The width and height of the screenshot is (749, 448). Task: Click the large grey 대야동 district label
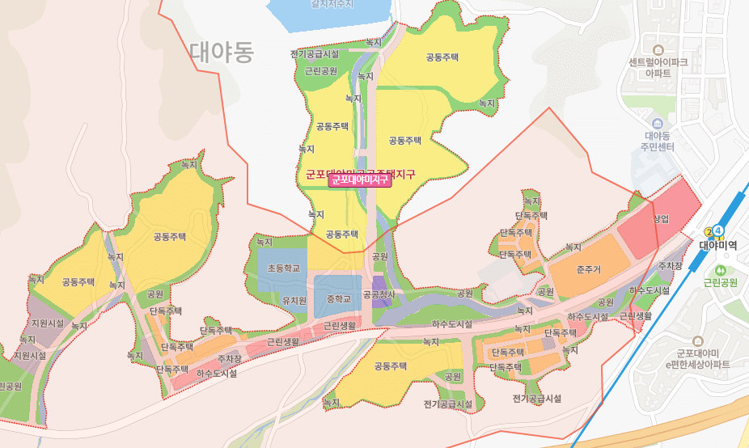[222, 53]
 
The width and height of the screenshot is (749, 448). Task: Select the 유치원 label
[294, 300]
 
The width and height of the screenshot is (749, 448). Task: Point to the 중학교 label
[339, 299]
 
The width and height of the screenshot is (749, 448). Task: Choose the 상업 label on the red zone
[662, 218]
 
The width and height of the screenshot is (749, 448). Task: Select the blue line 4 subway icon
[718, 230]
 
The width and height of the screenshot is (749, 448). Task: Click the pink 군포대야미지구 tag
[360, 180]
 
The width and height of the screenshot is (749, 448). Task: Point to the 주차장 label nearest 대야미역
[670, 265]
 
